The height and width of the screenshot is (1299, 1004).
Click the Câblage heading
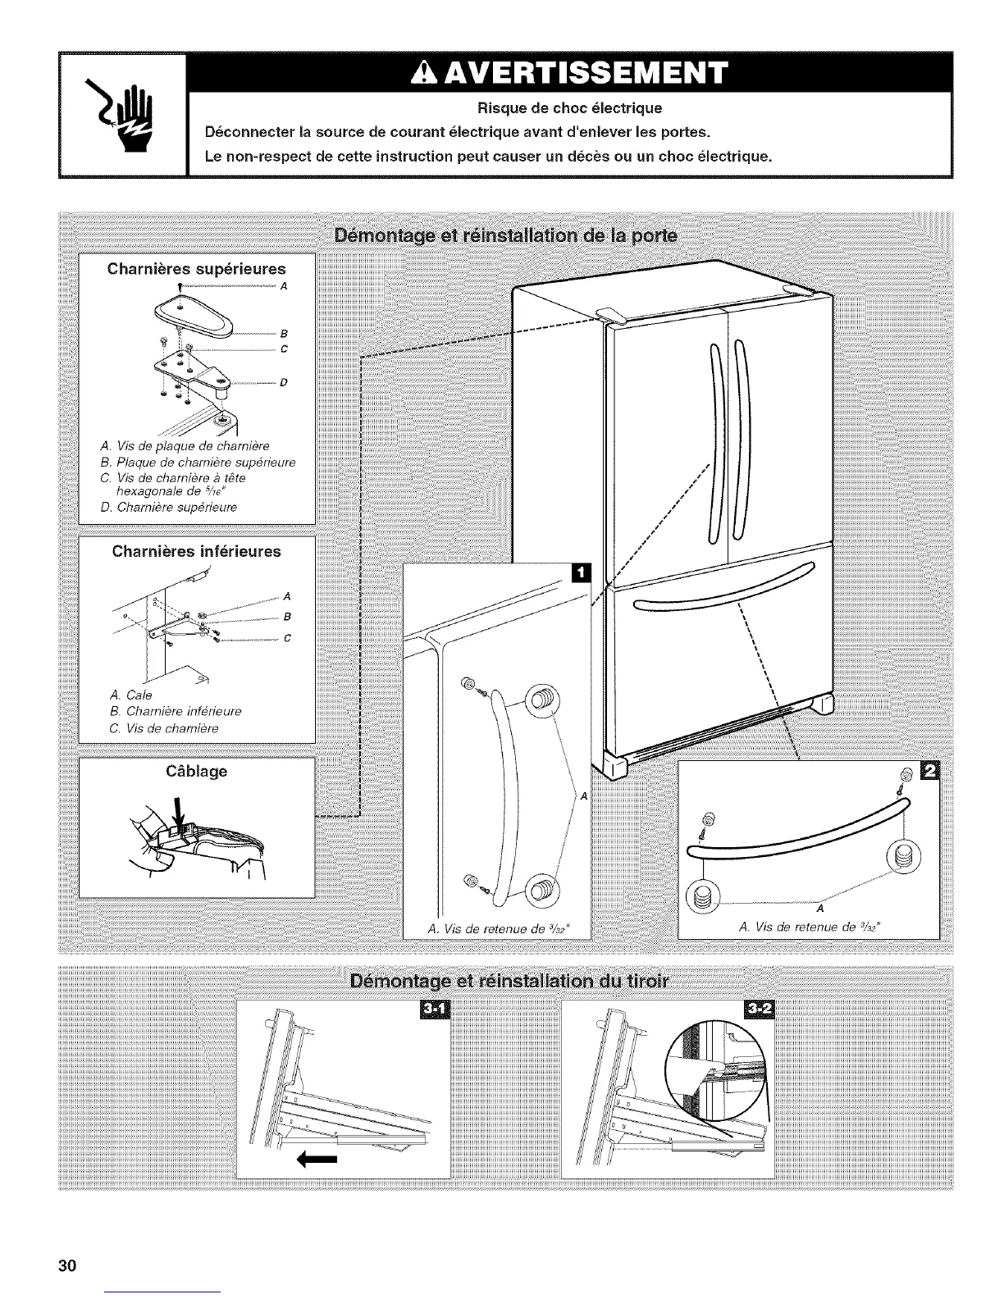click(197, 771)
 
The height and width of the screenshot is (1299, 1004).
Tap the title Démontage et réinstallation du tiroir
click(509, 982)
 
